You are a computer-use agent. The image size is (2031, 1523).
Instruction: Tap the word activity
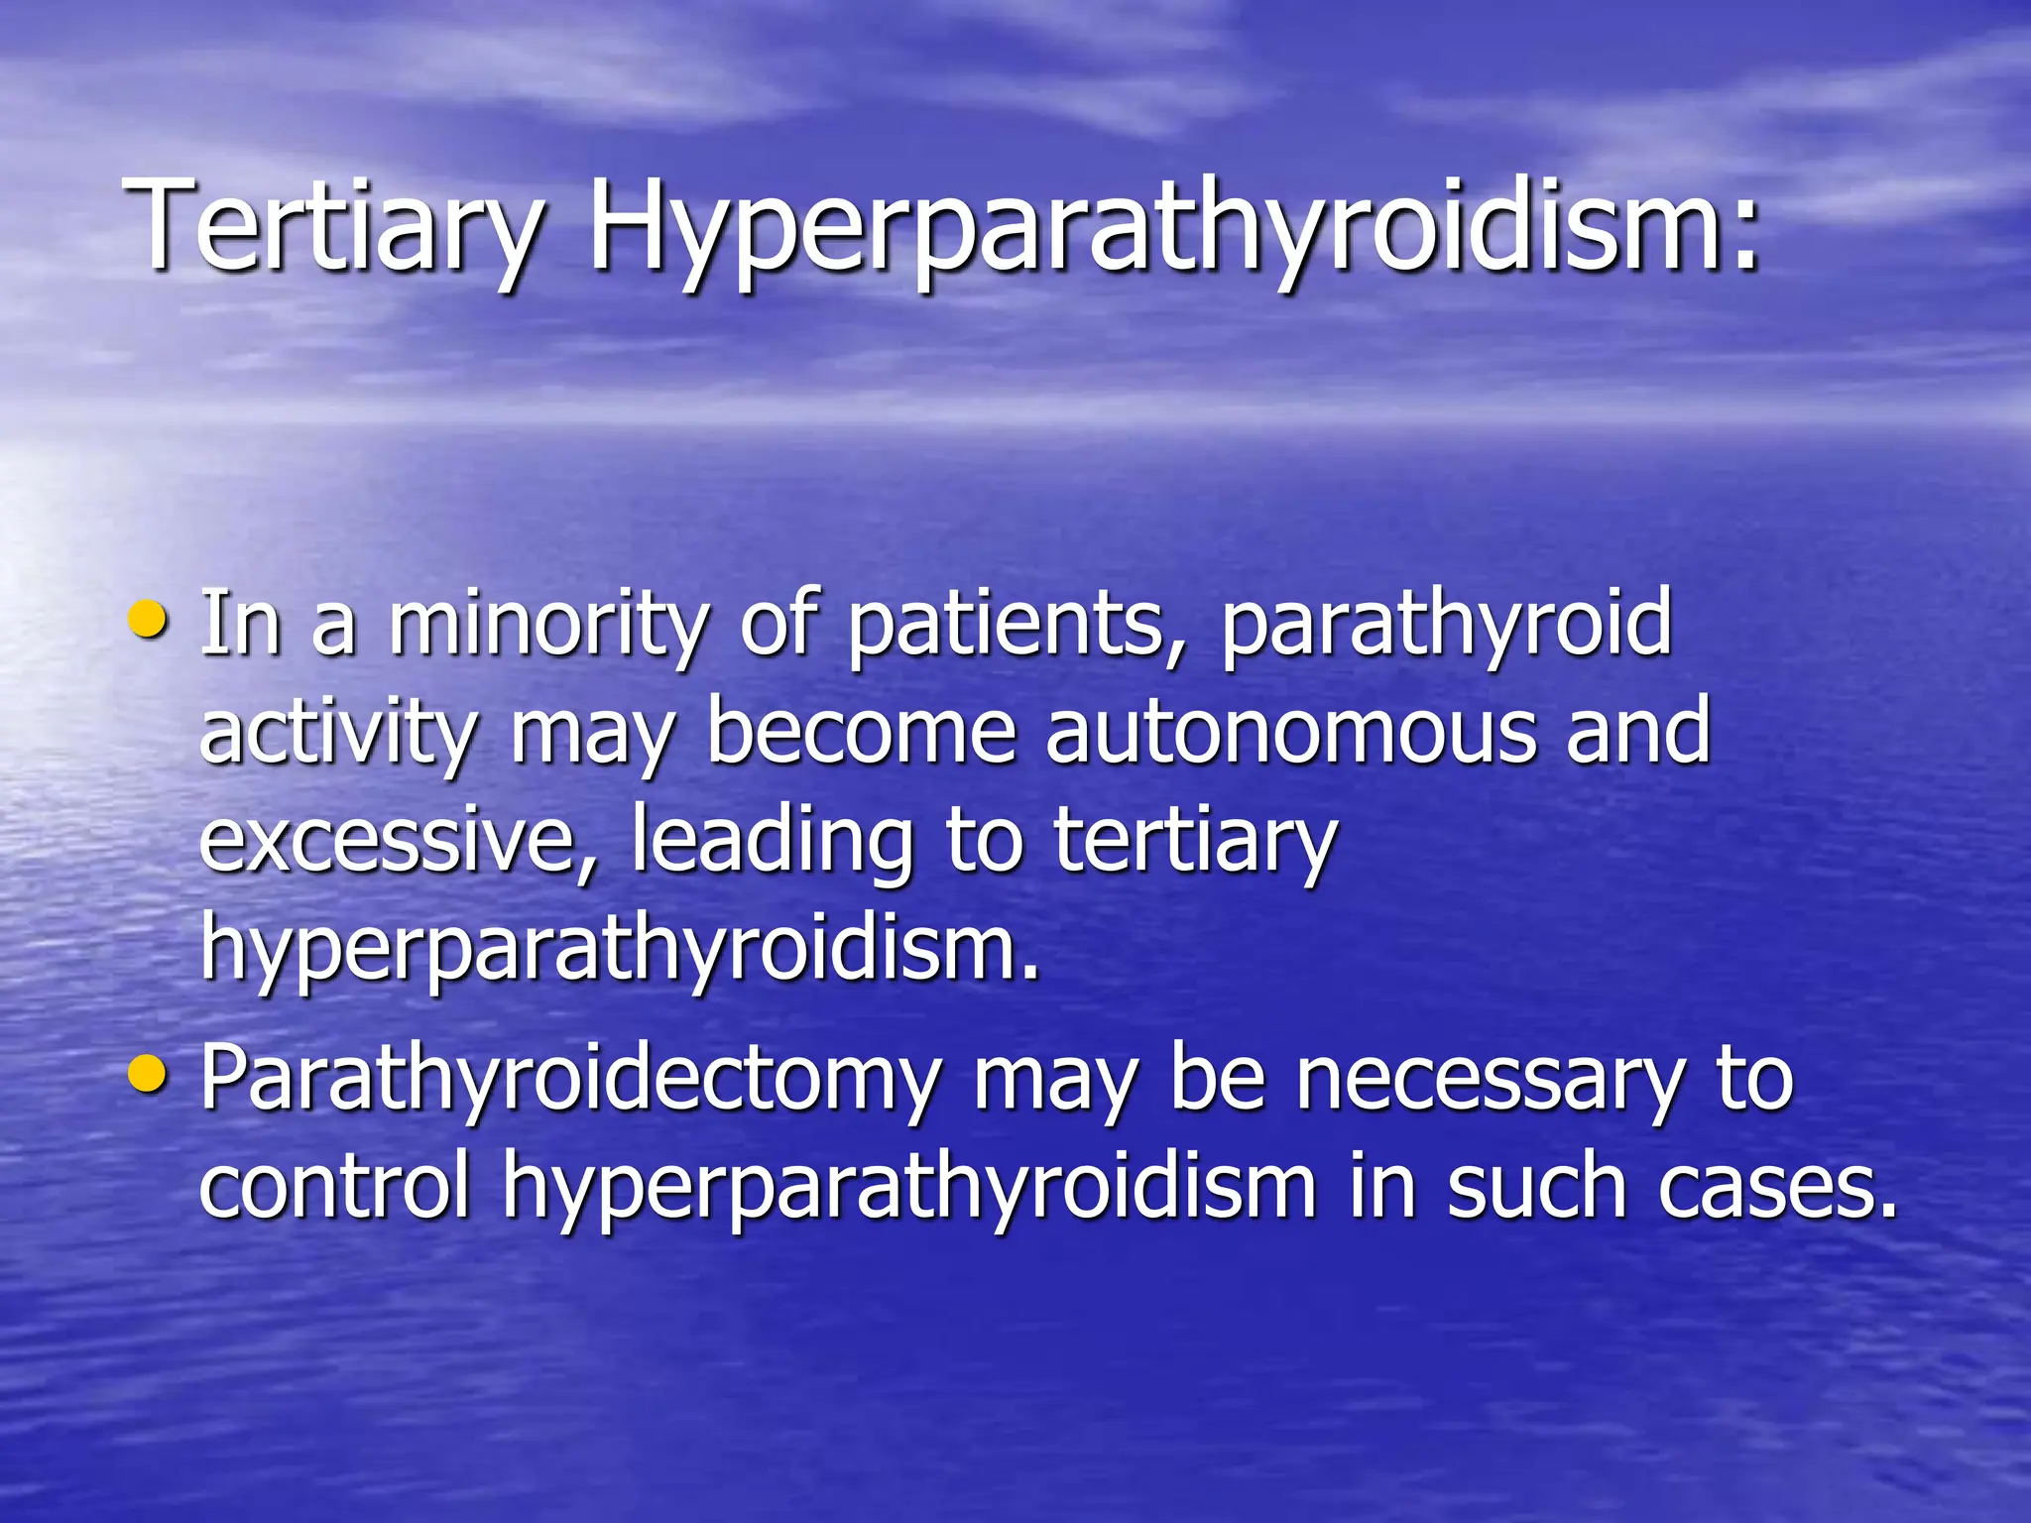[x=338, y=734]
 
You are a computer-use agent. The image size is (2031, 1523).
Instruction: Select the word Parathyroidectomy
[x=571, y=1081]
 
